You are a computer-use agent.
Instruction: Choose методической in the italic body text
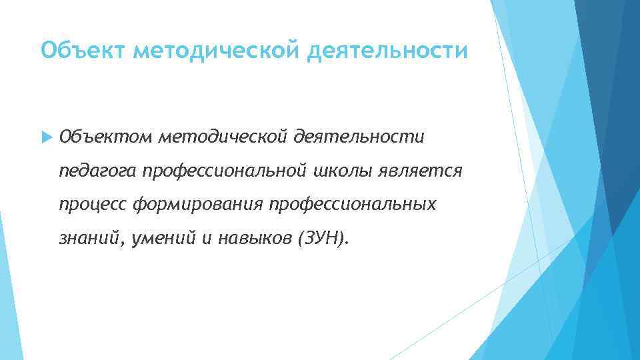[223, 137]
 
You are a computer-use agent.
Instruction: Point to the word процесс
[93, 205]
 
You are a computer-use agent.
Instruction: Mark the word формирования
[198, 205]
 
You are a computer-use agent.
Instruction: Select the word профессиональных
[353, 205]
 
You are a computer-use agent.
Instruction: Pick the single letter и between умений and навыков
[204, 239]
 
